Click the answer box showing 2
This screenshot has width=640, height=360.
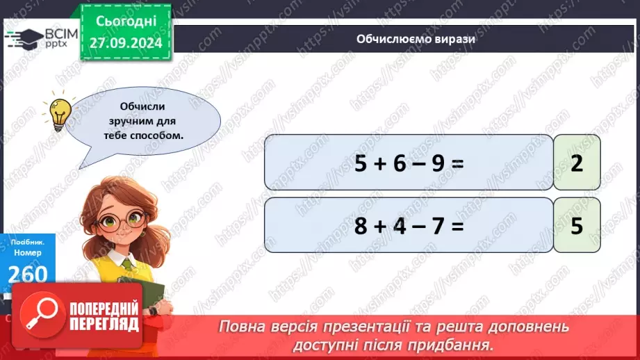click(576, 163)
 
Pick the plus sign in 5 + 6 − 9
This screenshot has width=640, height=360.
click(379, 163)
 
